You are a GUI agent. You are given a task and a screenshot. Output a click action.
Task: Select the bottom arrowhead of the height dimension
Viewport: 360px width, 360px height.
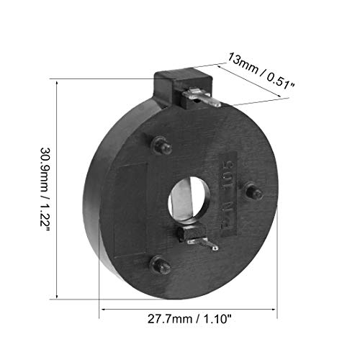[x=56, y=295]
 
